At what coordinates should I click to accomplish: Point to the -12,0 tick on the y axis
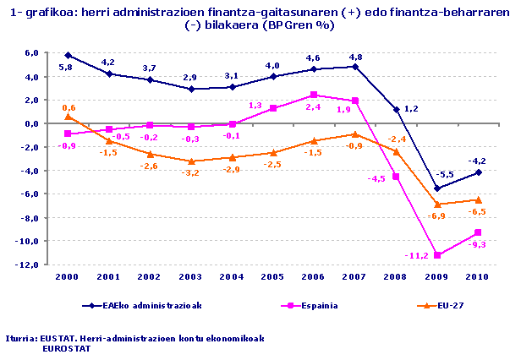(29, 265)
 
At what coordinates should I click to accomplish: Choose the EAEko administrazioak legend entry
(149, 305)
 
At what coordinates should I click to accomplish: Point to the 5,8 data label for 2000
(65, 67)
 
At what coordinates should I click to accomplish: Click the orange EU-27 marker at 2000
(68, 117)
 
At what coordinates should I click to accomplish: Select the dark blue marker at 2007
(355, 67)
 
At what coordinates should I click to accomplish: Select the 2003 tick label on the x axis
(191, 277)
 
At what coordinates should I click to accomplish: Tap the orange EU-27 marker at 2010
(479, 199)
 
